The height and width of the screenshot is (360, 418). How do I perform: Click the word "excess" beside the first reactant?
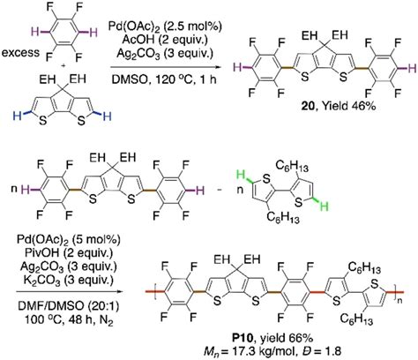20,53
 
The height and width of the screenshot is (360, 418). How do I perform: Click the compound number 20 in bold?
308,106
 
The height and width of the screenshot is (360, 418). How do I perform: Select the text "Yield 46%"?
348,106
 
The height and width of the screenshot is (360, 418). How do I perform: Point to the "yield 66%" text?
284,339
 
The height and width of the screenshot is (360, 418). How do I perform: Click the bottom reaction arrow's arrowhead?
118,291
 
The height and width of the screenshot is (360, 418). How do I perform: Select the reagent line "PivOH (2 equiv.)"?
68,253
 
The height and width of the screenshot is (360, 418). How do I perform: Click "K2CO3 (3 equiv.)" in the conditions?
68,280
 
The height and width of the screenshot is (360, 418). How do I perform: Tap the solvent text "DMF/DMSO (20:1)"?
69,306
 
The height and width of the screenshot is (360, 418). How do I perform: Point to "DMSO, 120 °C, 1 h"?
164,79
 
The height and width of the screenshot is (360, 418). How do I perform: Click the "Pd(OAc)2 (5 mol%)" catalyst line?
68,240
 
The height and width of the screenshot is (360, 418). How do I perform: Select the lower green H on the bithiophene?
325,207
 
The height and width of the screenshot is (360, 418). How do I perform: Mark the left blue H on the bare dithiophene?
18,116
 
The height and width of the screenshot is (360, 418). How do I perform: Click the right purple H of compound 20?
412,69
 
